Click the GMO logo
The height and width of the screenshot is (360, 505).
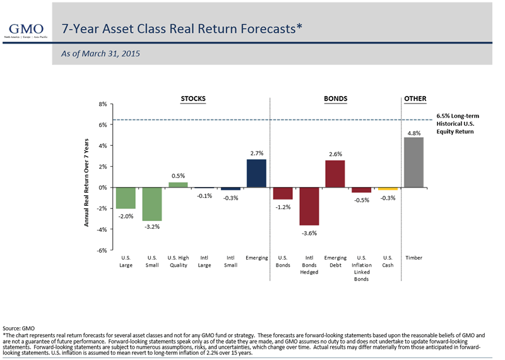tap(25, 30)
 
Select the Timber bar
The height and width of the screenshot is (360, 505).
tap(413, 162)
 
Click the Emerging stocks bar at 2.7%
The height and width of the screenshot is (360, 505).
tap(256, 173)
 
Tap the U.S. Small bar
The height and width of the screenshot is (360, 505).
tap(152, 204)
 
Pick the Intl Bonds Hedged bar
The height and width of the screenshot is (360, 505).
tap(309, 207)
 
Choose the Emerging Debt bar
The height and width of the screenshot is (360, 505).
tap(335, 174)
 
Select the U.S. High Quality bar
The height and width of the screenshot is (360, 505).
tap(178, 184)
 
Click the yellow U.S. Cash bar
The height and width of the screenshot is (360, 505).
tap(388, 189)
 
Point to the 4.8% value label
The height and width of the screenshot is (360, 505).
tap(414, 133)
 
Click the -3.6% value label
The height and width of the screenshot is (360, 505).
tap(309, 233)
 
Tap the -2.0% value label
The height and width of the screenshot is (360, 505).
tap(126, 217)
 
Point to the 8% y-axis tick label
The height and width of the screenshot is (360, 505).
tap(102, 104)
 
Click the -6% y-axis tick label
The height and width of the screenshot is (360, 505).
tap(101, 250)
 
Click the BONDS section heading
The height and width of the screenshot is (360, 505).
tap(335, 99)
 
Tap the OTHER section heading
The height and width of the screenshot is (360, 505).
tap(415, 99)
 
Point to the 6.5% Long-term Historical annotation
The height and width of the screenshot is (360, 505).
tap(458, 124)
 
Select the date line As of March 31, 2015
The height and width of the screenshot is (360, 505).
tap(100, 54)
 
